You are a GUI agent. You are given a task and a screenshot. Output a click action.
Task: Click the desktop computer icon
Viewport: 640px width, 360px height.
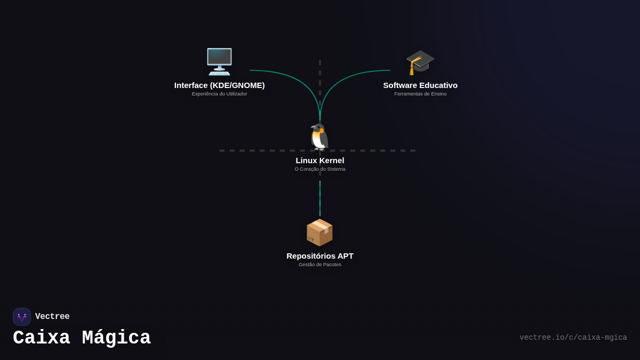tap(219, 62)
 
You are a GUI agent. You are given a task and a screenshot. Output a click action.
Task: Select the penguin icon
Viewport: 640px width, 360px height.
tap(319, 137)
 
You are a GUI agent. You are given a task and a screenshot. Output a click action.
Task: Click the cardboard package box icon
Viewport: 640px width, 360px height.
tap(319, 233)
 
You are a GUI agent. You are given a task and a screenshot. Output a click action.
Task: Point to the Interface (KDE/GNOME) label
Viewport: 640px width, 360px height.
tap(219, 85)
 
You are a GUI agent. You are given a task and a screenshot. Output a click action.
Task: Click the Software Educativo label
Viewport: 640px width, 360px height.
tap(420, 85)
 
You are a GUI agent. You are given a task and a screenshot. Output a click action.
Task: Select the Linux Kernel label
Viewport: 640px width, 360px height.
tap(319, 161)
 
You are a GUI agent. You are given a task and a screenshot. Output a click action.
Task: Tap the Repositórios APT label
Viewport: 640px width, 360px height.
tap(319, 255)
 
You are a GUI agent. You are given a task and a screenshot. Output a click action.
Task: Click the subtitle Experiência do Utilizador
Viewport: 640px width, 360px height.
tap(219, 94)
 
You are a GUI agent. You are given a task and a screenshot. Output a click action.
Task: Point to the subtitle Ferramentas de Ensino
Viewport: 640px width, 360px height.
tap(420, 94)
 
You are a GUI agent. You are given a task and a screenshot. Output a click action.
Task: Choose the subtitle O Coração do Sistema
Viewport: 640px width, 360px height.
tap(319, 169)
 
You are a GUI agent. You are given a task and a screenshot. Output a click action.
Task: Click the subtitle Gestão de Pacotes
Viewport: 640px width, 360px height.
tap(319, 265)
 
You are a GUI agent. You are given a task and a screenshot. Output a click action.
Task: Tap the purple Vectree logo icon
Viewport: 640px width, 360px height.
tap(22, 317)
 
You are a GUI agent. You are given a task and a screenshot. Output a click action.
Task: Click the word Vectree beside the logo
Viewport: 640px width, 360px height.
tap(52, 316)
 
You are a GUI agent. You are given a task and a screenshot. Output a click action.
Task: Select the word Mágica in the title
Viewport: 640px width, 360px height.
tap(116, 338)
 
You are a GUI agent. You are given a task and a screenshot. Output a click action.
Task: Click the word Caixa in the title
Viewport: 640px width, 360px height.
tap(42, 338)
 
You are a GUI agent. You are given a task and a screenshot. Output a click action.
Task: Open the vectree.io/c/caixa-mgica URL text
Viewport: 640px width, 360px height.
tap(573, 338)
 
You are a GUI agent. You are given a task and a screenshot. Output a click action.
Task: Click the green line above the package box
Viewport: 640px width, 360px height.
tap(319, 198)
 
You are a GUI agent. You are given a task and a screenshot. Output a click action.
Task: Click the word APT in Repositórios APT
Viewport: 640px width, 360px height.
tap(346, 255)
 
